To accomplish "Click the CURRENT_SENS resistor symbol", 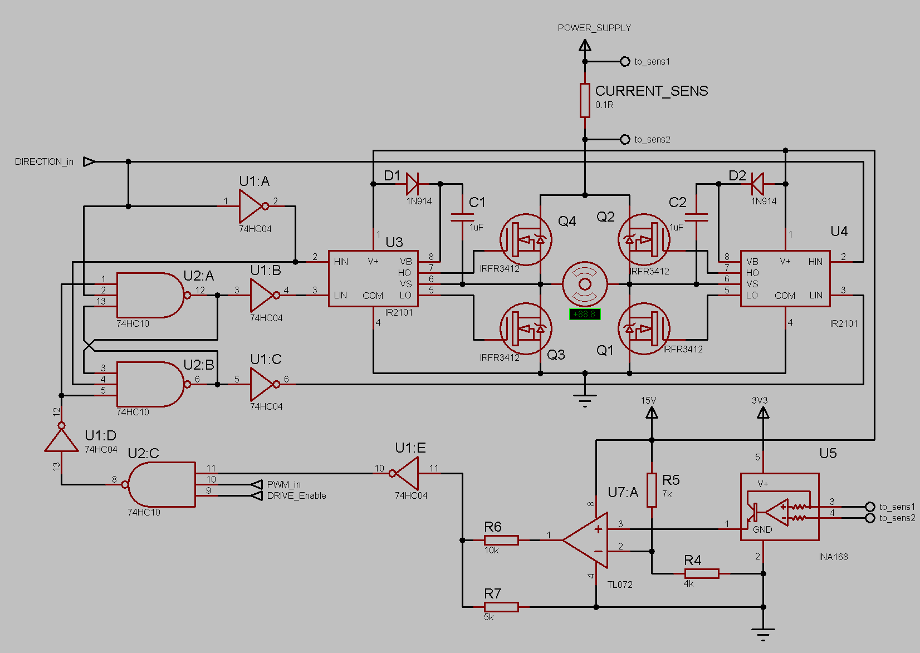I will click(585, 101).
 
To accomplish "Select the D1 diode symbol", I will click(412, 184).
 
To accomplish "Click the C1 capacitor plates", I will click(462, 217).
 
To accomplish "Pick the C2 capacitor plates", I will click(696, 217).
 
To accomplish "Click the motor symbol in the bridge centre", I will click(585, 284).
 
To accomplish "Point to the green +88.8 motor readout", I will click(584, 315).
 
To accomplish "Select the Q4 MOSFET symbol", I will click(526, 240).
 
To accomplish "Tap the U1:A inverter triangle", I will click(252, 206).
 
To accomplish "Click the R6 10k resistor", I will click(501, 540).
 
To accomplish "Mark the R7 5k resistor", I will click(501, 607).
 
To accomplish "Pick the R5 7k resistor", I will click(652, 490).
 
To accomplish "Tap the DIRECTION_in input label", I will click(44, 162).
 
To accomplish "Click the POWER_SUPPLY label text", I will click(594, 28).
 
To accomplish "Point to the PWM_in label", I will click(283, 484).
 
